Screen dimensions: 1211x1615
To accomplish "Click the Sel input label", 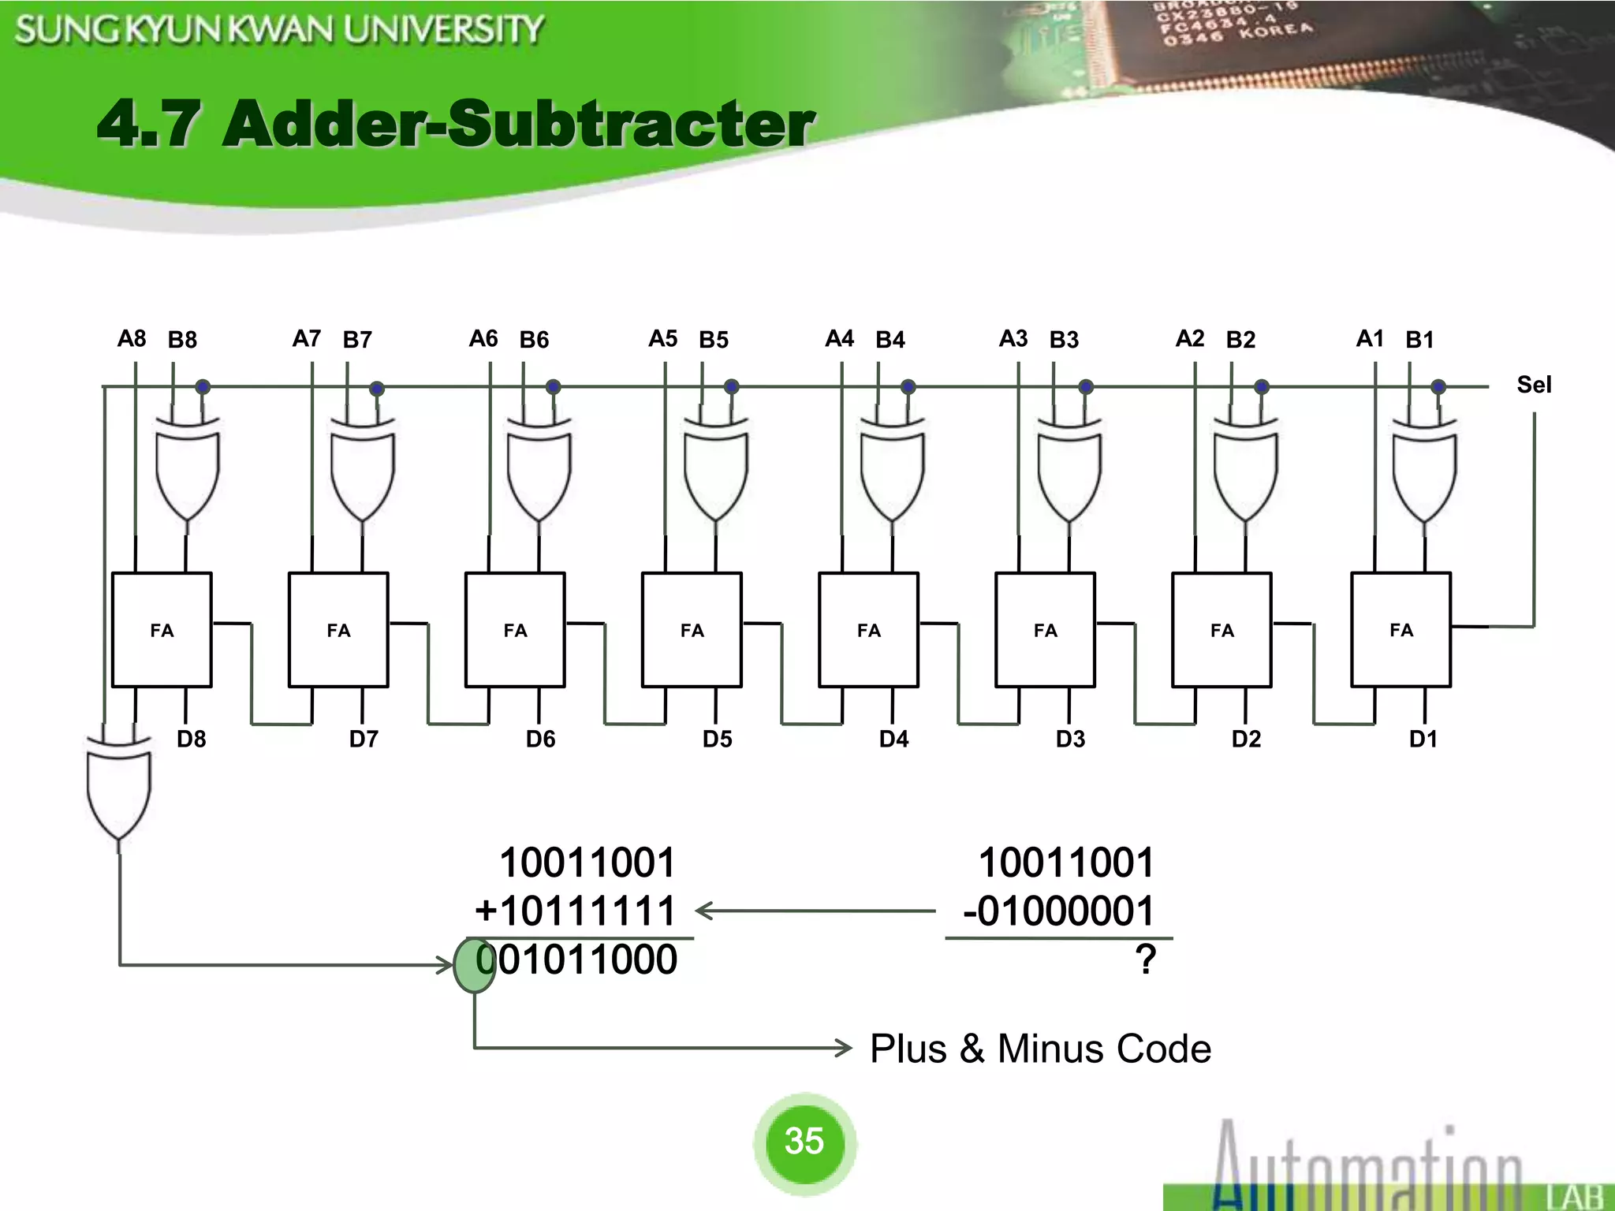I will pyautogui.click(x=1533, y=385).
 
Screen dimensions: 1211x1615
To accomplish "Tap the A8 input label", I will pyautogui.click(x=132, y=339).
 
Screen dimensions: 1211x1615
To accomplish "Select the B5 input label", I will pyautogui.click(x=714, y=340).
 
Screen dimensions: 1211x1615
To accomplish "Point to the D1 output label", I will pyautogui.click(x=1423, y=739).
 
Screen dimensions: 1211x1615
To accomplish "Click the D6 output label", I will pyautogui.click(x=541, y=739).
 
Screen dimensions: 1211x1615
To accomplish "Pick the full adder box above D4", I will pyautogui.click(x=868, y=630).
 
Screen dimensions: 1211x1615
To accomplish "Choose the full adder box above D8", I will pyautogui.click(x=162, y=630).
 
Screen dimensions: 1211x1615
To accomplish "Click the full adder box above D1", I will pyautogui.click(x=1401, y=630).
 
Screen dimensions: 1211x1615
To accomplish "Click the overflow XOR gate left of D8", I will pyautogui.click(x=118, y=788).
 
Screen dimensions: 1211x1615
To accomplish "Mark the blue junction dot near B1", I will pyautogui.click(x=1438, y=386).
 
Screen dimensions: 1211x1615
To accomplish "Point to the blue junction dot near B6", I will pyautogui.click(x=553, y=386).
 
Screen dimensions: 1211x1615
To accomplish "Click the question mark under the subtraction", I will pyautogui.click(x=1146, y=960).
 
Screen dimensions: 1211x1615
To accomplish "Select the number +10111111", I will pyautogui.click(x=576, y=911).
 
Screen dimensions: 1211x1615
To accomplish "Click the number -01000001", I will pyautogui.click(x=1058, y=911).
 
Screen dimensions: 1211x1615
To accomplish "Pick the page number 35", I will pyautogui.click(x=804, y=1141).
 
